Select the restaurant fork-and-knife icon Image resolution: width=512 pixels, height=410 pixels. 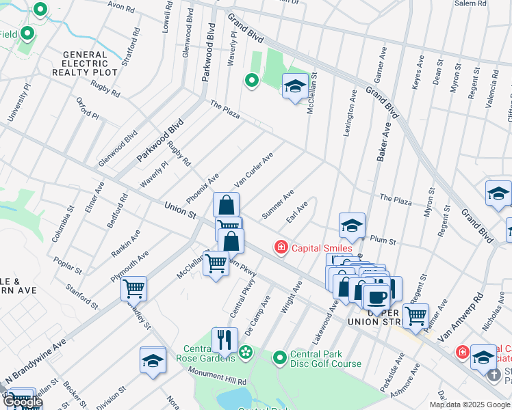point(225,339)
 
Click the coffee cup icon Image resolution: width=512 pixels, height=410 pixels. point(375,297)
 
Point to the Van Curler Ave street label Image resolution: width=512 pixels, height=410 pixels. point(253,170)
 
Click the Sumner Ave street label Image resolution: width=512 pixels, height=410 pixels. point(278,204)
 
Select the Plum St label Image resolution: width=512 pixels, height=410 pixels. point(383,241)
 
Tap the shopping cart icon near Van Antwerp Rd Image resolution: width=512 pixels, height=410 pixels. point(415,316)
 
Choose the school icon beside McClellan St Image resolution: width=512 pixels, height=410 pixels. point(294,86)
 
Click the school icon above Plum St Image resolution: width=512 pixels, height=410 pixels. point(352,225)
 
